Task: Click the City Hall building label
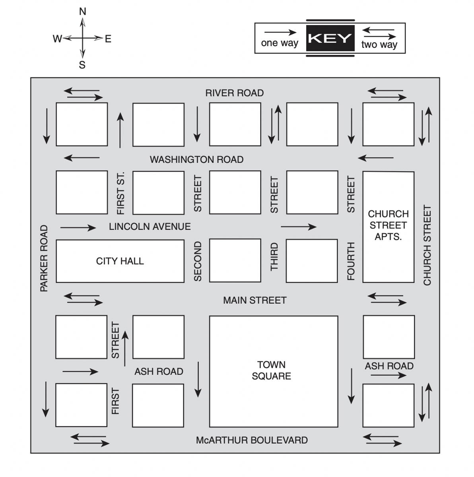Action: tap(120, 261)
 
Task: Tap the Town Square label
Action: tap(272, 370)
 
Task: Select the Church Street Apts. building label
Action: tap(388, 225)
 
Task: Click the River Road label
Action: tap(234, 93)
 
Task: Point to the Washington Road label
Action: tap(196, 159)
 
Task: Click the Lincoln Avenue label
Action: tap(150, 227)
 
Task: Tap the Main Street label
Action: tap(254, 300)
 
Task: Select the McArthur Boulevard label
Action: tap(252, 440)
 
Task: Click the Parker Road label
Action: tap(44, 259)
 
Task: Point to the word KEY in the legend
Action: tap(330, 39)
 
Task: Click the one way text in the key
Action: tap(280, 43)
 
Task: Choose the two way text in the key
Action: tap(379, 44)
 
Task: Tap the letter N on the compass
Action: tap(83, 11)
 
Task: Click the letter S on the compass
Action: tap(82, 65)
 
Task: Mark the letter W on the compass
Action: tap(57, 39)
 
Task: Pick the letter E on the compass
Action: tap(108, 39)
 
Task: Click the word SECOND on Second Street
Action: tap(198, 261)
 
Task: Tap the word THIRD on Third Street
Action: tap(274, 257)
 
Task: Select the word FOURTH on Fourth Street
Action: tap(351, 261)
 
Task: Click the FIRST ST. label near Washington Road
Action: tap(120, 193)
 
